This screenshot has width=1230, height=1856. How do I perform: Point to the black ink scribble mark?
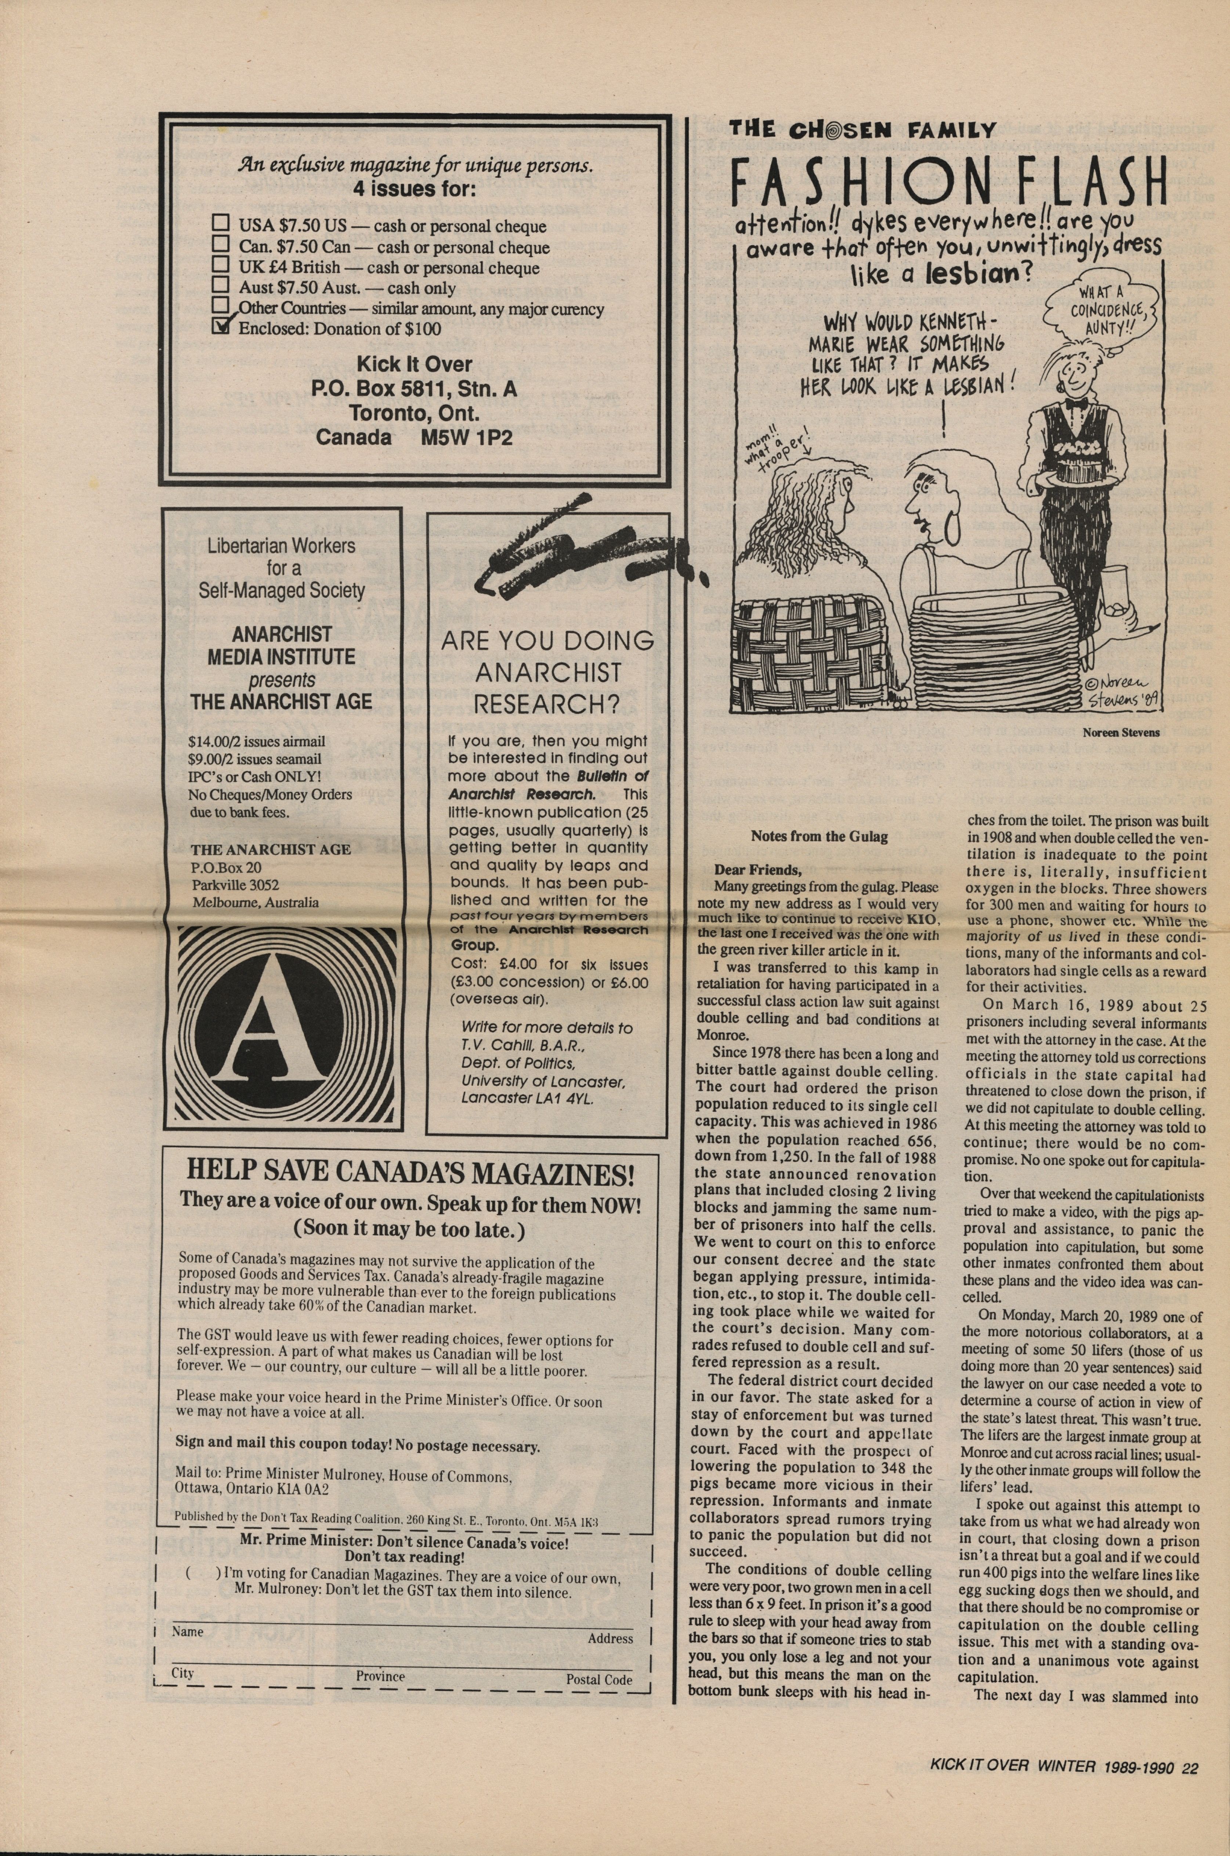pyautogui.click(x=580, y=549)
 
